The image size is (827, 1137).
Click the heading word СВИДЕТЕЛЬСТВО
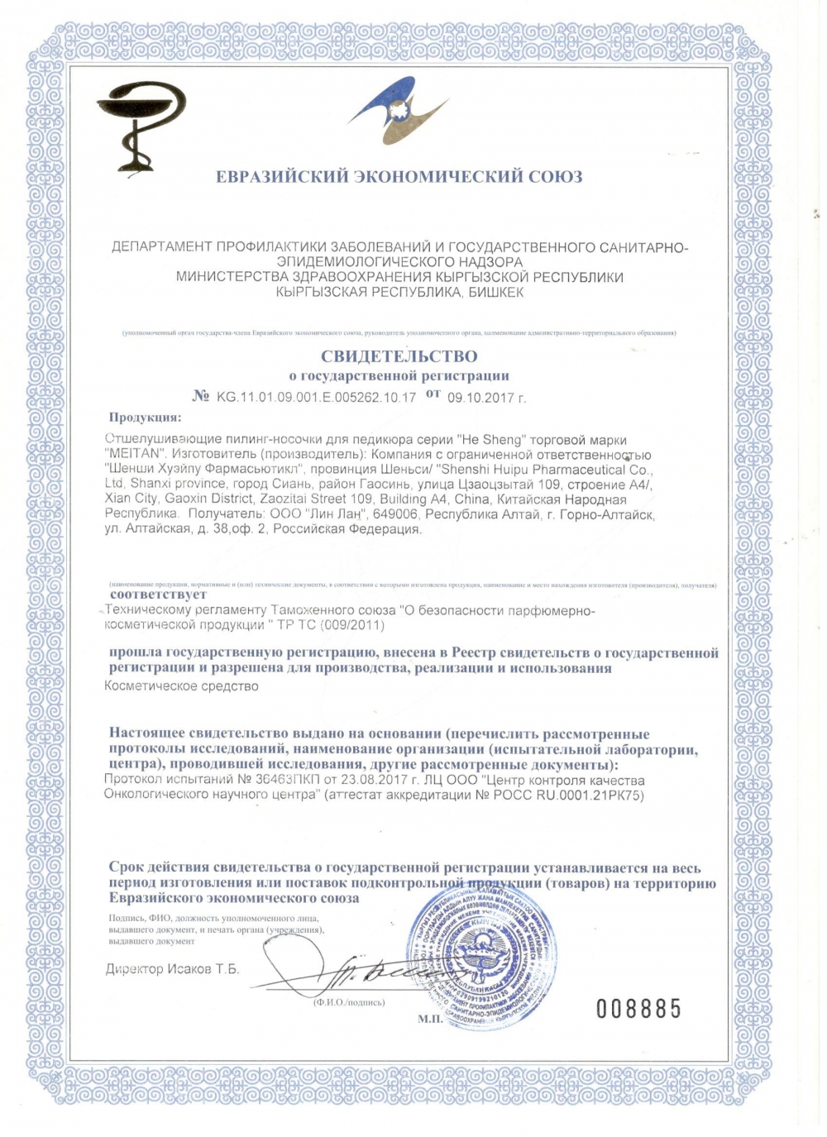click(x=399, y=356)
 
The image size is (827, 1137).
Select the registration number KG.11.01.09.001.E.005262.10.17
click(x=316, y=397)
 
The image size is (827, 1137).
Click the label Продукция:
click(x=145, y=418)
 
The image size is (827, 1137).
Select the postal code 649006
click(x=395, y=515)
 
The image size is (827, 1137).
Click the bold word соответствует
click(x=159, y=594)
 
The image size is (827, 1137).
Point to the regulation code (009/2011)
click(x=350, y=625)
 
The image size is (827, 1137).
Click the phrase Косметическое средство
click(x=182, y=686)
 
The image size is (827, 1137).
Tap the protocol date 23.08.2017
click(x=381, y=780)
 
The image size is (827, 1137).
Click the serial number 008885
click(x=639, y=1008)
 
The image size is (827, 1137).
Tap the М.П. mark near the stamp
click(x=430, y=1019)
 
